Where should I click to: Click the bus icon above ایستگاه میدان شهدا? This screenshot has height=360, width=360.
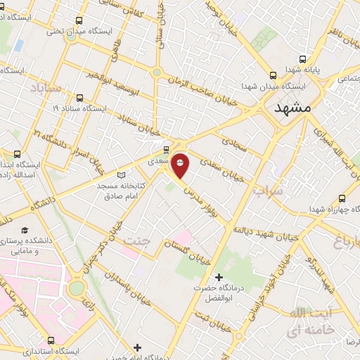point(274,75)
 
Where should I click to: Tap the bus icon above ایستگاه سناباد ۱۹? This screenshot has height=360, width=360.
point(79,98)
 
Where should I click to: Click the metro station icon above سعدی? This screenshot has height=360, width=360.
point(166,149)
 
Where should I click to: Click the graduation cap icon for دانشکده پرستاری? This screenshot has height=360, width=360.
point(25,231)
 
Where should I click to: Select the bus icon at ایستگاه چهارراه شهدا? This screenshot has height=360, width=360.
point(342,198)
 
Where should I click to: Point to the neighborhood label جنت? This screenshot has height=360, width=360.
point(137,243)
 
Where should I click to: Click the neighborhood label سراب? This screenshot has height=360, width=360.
point(266,191)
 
